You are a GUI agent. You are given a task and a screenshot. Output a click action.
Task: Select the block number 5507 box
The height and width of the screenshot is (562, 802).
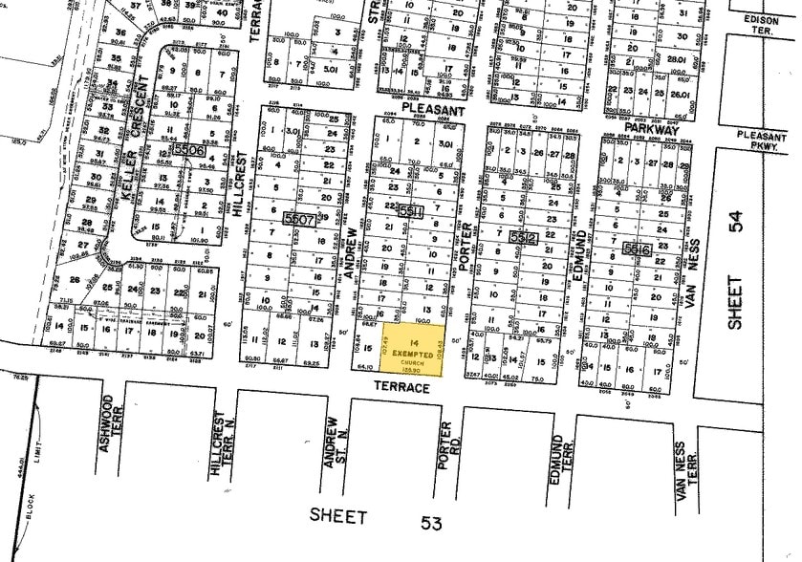coord(300,219)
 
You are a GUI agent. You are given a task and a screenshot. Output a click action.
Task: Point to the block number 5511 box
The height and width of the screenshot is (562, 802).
coord(411,211)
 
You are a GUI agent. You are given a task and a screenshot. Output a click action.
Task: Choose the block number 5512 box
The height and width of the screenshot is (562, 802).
coord(524,236)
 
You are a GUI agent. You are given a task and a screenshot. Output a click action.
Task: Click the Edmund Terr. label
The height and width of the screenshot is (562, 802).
coord(560,446)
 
